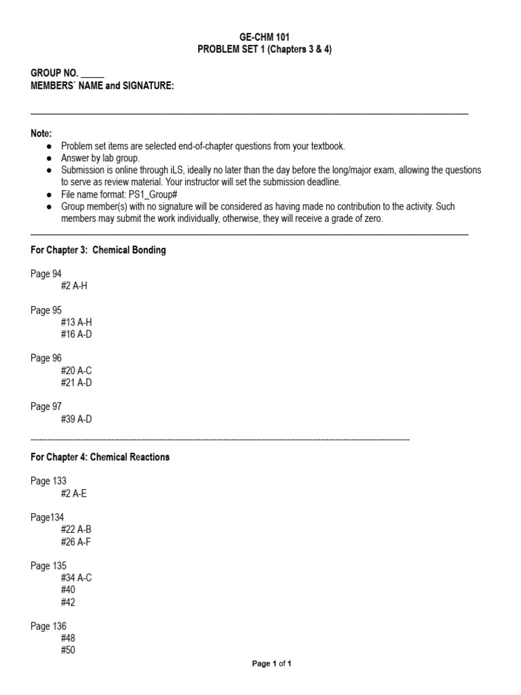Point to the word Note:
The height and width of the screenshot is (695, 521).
click(x=41, y=134)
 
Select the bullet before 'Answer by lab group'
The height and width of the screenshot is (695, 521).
click(x=48, y=158)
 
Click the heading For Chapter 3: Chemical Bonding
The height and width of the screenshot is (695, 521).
click(x=98, y=250)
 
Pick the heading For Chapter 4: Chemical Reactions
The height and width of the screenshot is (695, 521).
click(x=100, y=457)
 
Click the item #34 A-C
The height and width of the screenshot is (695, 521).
click(x=75, y=578)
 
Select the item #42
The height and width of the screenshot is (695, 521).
click(x=67, y=602)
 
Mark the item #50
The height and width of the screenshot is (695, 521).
click(x=67, y=650)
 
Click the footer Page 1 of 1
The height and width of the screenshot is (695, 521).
click(x=271, y=664)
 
